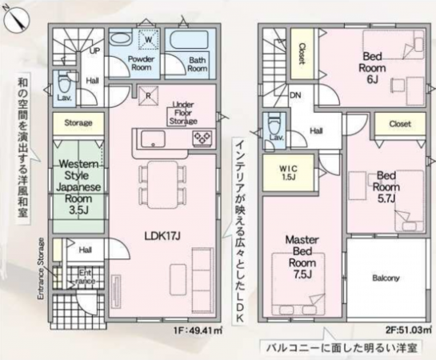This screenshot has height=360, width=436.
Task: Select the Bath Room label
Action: click(x=198, y=64)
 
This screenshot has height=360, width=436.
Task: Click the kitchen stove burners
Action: click(x=201, y=139)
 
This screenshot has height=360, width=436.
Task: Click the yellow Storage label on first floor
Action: click(x=78, y=123)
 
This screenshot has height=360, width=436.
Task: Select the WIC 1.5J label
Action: click(x=289, y=172)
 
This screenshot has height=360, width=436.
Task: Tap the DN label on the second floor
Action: click(x=273, y=94)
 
